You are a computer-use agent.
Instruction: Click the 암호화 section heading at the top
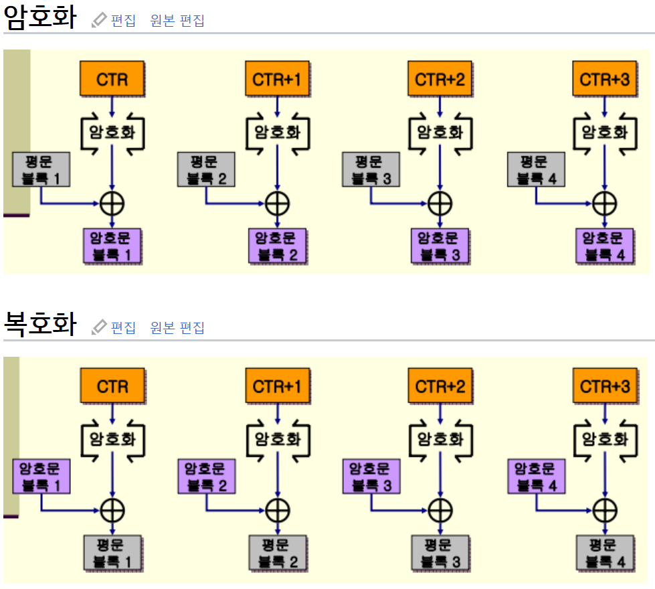[x=39, y=18]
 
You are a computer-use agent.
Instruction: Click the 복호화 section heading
[x=39, y=325]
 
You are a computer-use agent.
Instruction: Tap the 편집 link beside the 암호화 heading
[x=123, y=21]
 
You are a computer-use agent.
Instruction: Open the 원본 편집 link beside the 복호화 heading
[x=177, y=327]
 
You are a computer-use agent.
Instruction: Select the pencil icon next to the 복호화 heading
[x=99, y=327]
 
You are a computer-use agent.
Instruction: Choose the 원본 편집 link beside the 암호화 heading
[x=177, y=21]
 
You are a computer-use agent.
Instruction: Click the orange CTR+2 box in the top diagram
[x=440, y=80]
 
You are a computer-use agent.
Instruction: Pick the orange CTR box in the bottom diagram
[x=112, y=386]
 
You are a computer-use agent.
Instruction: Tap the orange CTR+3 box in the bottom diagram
[x=605, y=386]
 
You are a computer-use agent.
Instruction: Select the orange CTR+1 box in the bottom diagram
[x=277, y=386]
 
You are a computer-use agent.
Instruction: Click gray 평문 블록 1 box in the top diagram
[x=41, y=169]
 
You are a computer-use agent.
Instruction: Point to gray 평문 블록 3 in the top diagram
[x=371, y=169]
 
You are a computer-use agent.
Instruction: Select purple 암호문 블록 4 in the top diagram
[x=605, y=246]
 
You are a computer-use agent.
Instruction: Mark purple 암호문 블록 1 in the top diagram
[x=112, y=246]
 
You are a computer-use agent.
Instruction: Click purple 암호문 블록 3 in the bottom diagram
[x=371, y=476]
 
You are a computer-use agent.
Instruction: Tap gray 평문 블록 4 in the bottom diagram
[x=605, y=553]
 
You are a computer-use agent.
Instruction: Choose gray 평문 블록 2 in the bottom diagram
[x=277, y=553]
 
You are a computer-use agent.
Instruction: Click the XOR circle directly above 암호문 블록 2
[x=277, y=203]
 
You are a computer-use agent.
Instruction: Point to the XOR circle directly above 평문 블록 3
[x=440, y=510]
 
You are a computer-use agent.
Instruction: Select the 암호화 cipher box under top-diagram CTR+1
[x=277, y=131]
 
